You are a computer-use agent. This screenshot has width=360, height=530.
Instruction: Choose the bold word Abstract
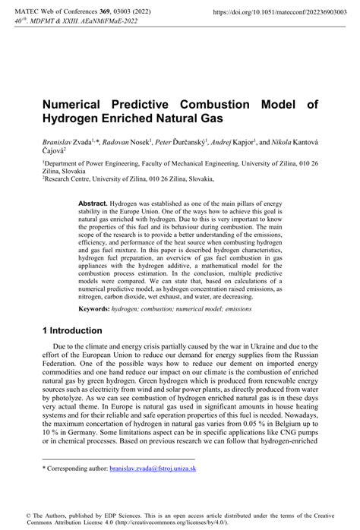(x=93, y=205)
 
